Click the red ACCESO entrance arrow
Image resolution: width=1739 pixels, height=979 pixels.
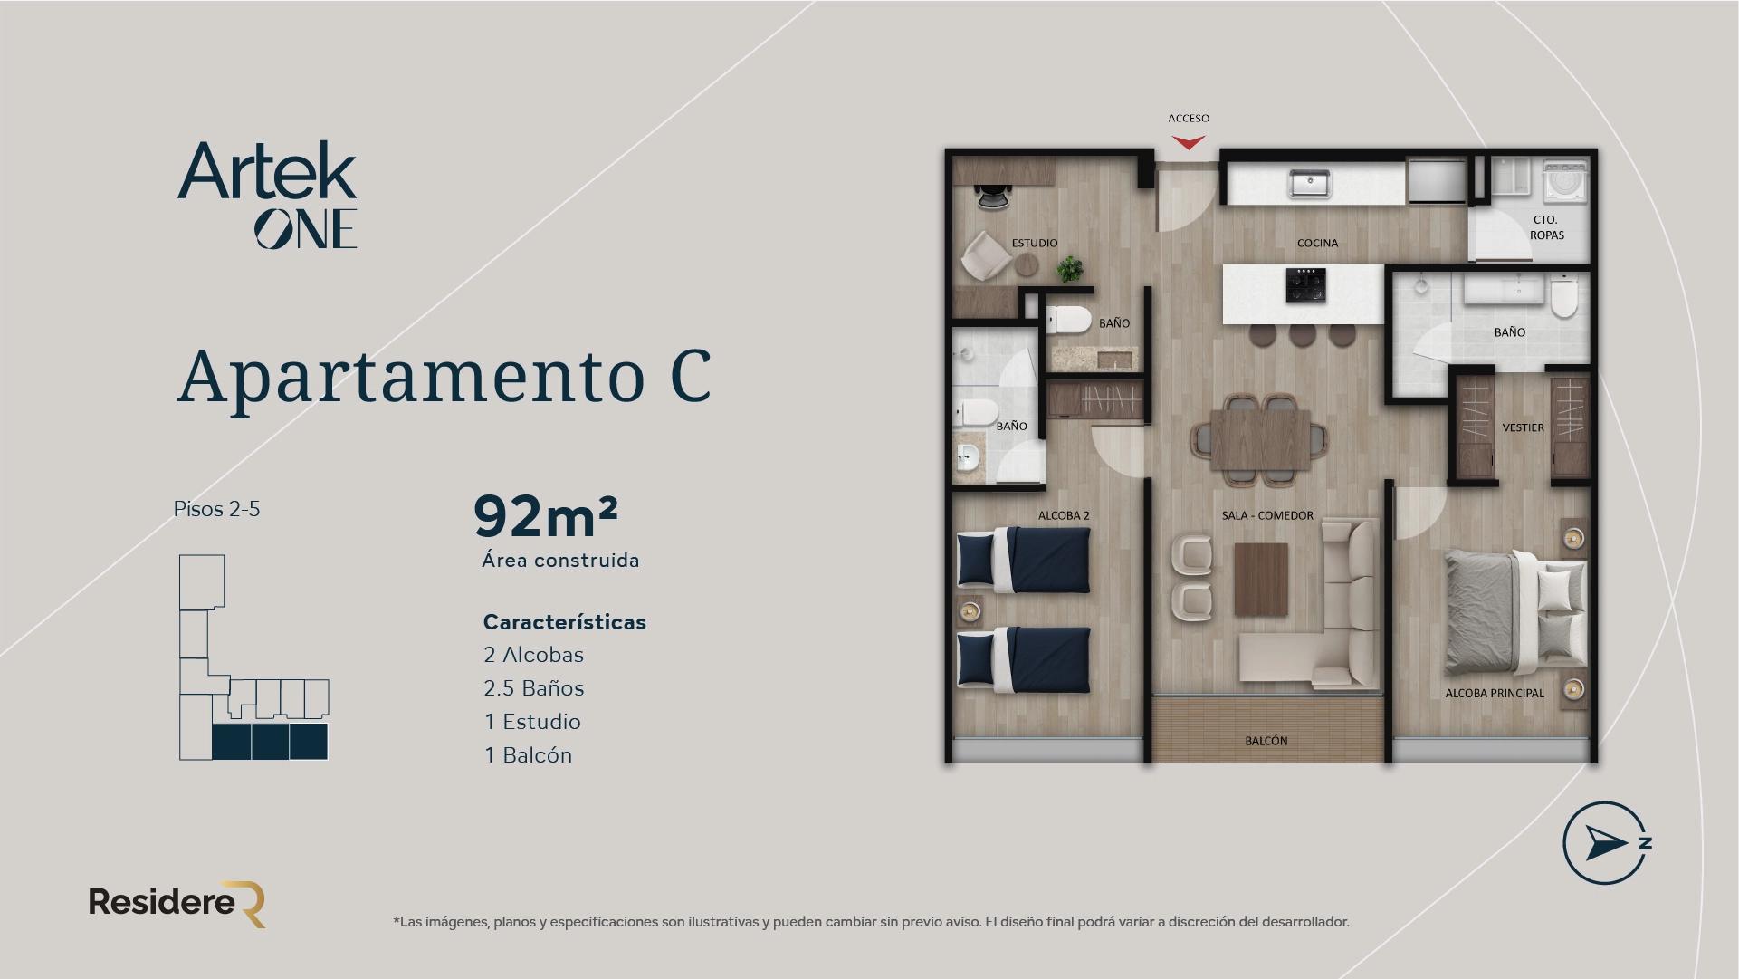pos(1188,142)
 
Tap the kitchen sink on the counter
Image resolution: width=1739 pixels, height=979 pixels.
pos(1309,184)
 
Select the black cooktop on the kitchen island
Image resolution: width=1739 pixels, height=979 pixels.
pos(1305,285)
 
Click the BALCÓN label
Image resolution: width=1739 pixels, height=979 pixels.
pos(1266,741)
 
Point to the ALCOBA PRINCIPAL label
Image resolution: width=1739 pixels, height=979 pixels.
pos(1494,693)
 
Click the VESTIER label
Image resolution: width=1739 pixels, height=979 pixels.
pos(1523,427)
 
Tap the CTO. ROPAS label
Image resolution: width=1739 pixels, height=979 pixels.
pos(1546,227)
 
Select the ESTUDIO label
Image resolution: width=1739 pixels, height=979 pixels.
pos(1034,243)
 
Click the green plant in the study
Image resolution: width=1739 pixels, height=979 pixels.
pos(1070,268)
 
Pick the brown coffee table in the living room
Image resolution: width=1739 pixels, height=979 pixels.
pos(1261,580)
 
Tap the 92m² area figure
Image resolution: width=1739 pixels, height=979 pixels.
pos(545,516)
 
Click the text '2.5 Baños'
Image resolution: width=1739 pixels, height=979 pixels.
pos(533,688)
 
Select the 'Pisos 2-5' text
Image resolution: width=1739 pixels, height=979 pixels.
pos(216,509)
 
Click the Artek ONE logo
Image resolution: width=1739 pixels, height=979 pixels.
pos(268,195)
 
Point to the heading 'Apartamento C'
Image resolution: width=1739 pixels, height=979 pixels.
pos(444,376)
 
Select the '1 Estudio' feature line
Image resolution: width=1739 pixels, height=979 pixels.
pos(531,722)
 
